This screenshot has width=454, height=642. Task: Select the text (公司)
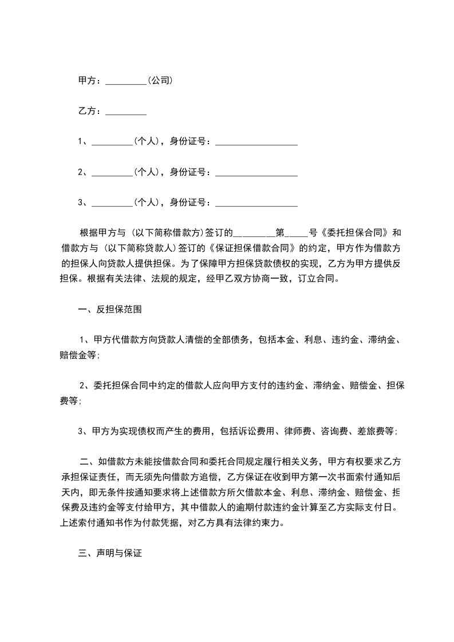(x=160, y=81)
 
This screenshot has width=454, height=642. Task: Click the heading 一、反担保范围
(x=110, y=310)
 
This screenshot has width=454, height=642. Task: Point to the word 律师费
(x=298, y=431)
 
